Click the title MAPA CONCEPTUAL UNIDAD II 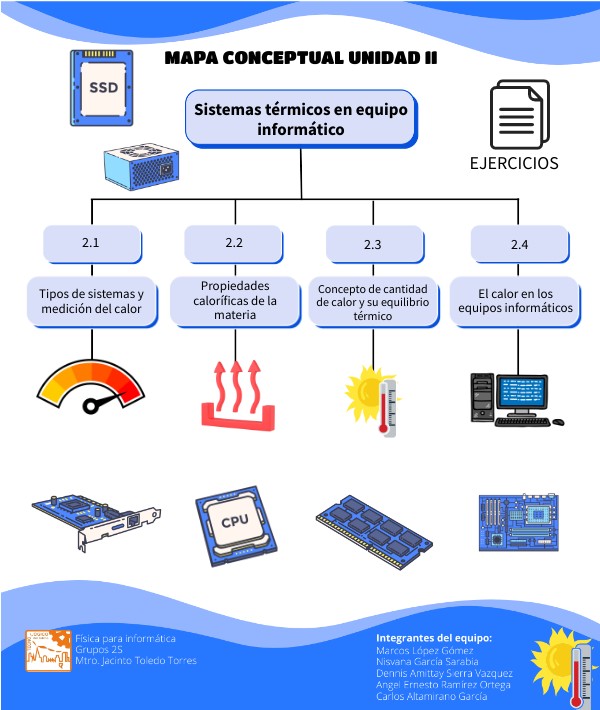[300, 59]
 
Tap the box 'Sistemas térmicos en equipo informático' [300, 119]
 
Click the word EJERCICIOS [514, 163]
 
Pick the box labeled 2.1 [91, 243]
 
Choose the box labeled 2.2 [234, 243]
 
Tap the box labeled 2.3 [373, 244]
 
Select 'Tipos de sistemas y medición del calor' [91, 301]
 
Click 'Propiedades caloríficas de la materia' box [234, 300]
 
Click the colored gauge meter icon [91, 389]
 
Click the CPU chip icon [234, 520]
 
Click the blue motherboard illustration [519, 521]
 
